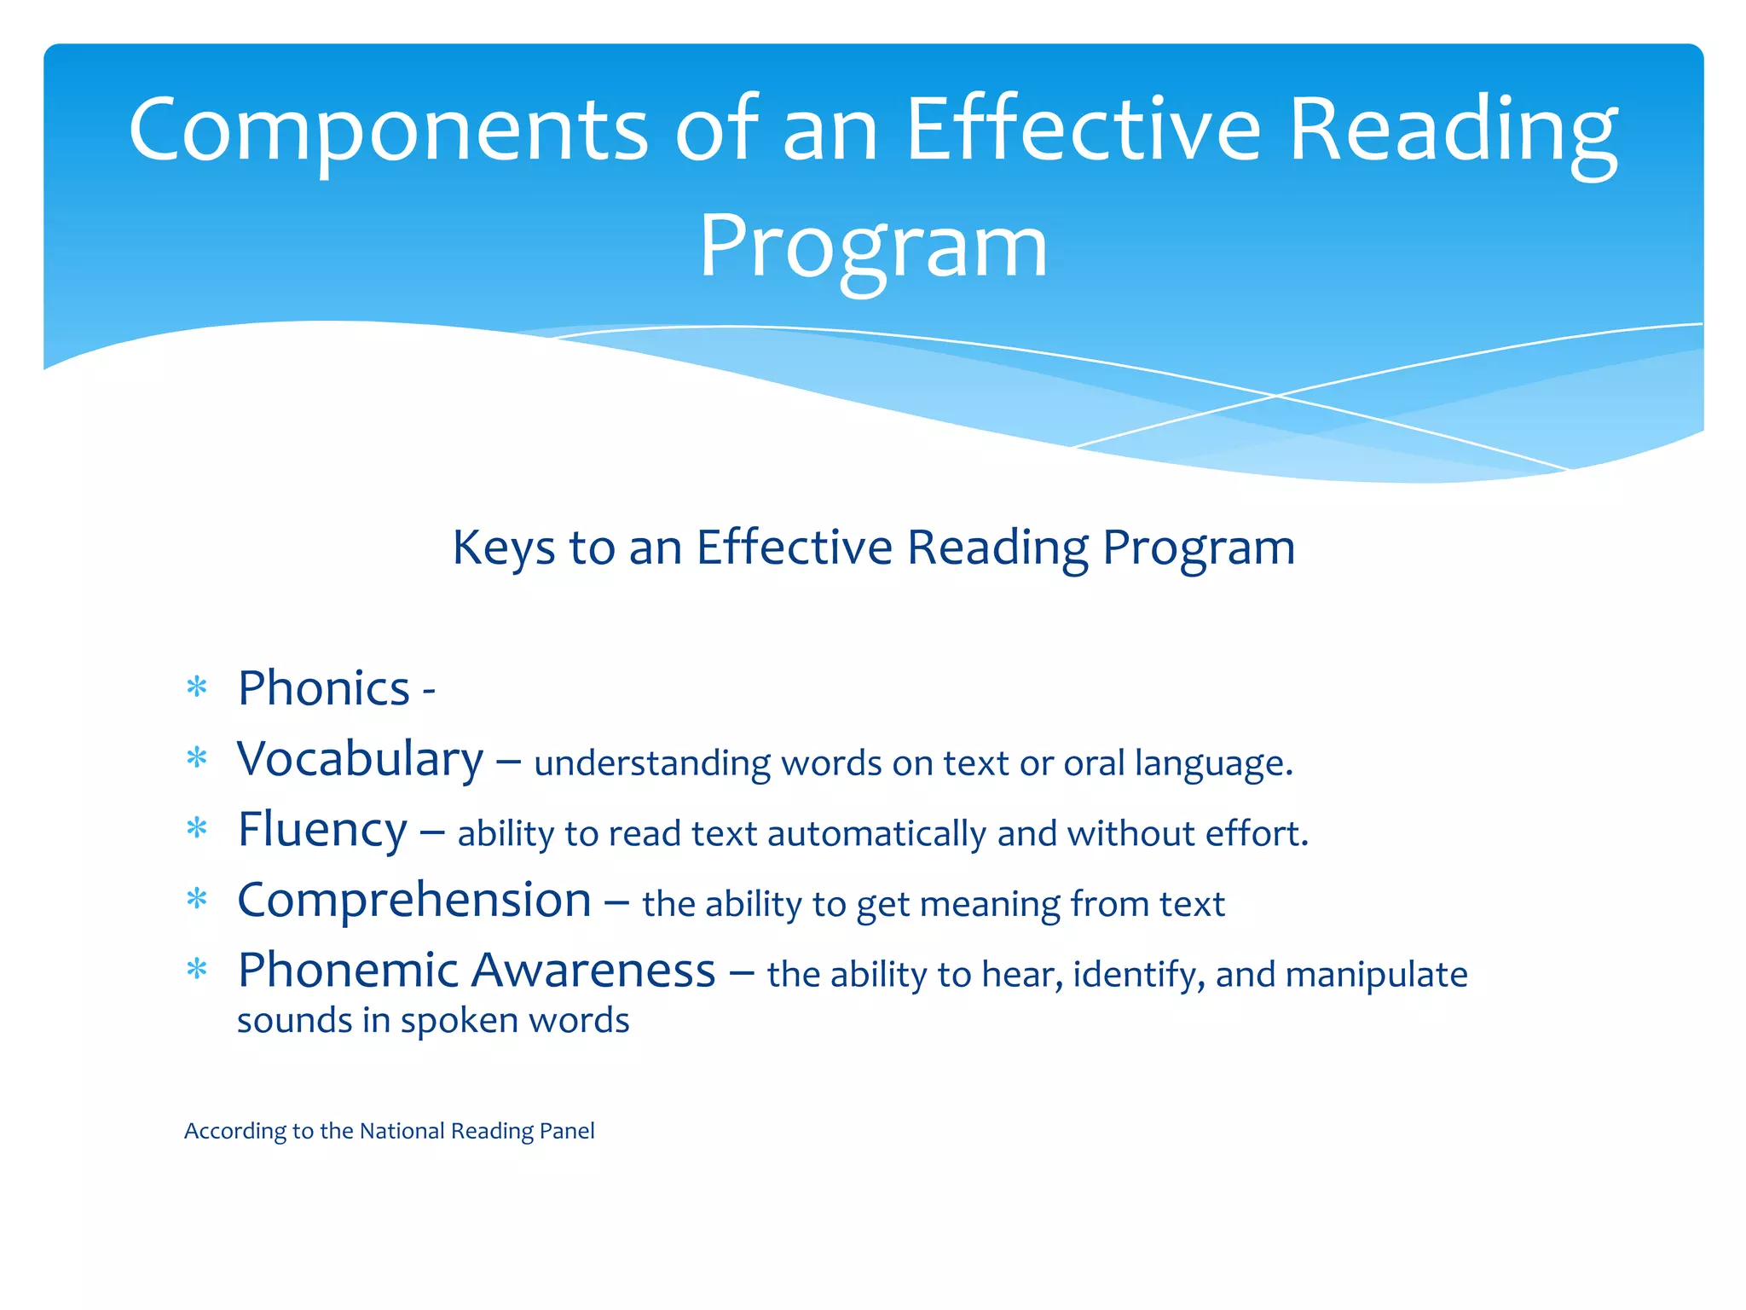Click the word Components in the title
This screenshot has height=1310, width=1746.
click(x=389, y=130)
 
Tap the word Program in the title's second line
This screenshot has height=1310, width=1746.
click(x=873, y=247)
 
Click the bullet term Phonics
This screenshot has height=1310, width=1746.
click(x=324, y=688)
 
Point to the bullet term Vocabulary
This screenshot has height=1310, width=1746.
click(x=360, y=759)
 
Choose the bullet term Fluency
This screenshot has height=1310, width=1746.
click(x=322, y=830)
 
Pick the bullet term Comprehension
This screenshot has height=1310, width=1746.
click(x=414, y=901)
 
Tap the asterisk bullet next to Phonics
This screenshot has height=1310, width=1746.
click(x=197, y=687)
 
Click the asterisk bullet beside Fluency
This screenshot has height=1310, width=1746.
click(x=197, y=828)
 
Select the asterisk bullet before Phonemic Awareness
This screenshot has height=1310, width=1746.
click(x=197, y=970)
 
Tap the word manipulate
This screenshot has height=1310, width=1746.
click(x=1376, y=975)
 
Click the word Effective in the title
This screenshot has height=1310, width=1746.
click(x=1083, y=130)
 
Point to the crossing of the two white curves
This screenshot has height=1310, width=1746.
click(x=1276, y=396)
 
